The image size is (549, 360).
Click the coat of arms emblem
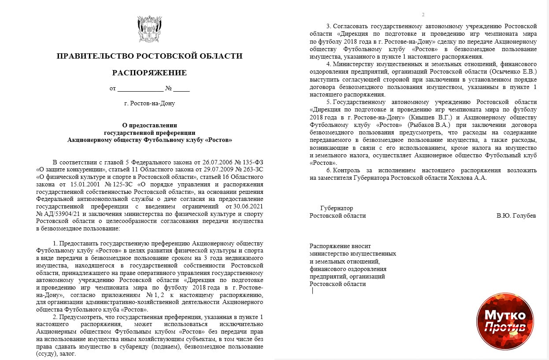(x=149, y=29)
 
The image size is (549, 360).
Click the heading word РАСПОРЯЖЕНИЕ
(x=149, y=73)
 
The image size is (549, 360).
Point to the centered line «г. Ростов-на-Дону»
(x=149, y=104)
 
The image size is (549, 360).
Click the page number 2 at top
(x=423, y=15)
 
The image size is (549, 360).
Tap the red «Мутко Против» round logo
(x=505, y=321)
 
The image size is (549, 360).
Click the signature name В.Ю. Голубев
(x=516, y=216)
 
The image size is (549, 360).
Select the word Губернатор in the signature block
(x=337, y=208)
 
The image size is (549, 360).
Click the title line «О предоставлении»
(x=149, y=125)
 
